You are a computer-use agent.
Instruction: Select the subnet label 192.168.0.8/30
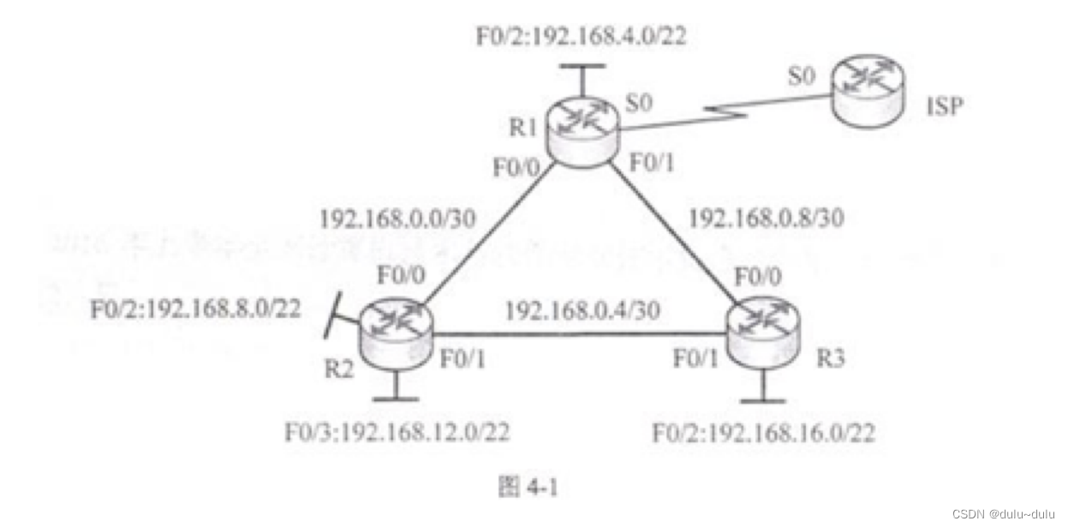pos(767,219)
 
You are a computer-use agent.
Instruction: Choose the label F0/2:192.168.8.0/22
pos(195,308)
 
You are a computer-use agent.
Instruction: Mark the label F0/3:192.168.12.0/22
pos(397,433)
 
